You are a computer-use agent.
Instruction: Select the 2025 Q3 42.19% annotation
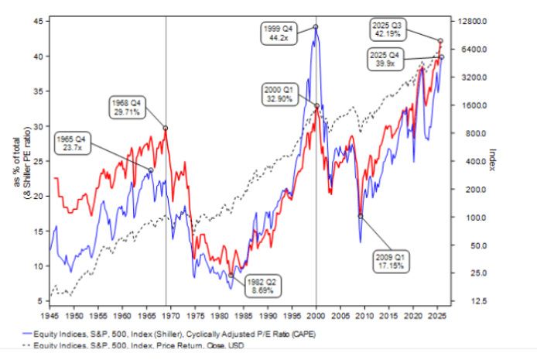click(x=389, y=29)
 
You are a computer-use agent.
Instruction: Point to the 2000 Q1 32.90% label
click(x=279, y=94)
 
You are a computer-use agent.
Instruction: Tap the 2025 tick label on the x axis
click(x=437, y=317)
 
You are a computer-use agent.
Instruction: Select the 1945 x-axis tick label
click(x=50, y=317)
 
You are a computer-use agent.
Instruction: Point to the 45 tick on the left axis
click(x=38, y=22)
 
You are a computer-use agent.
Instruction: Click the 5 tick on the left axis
click(x=40, y=301)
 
